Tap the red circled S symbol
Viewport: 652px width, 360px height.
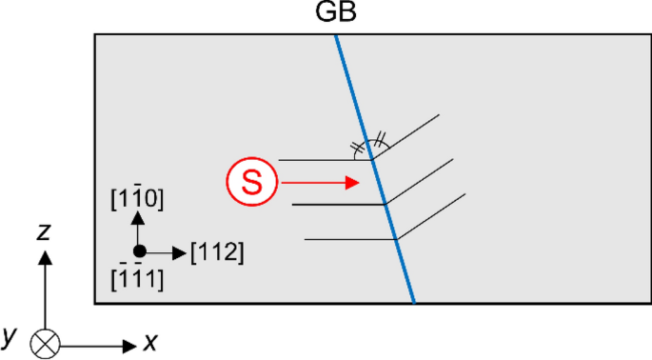click(x=251, y=181)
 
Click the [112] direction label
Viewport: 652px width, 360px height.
click(x=217, y=252)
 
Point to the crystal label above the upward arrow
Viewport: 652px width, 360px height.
click(x=139, y=198)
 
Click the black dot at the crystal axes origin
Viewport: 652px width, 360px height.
click(x=139, y=251)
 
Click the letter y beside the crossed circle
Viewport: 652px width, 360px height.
click(x=10, y=334)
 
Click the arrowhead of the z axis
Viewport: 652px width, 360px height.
click(x=45, y=256)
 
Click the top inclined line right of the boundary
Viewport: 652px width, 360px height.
click(x=405, y=136)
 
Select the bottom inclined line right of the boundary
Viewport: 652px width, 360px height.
click(x=431, y=216)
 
